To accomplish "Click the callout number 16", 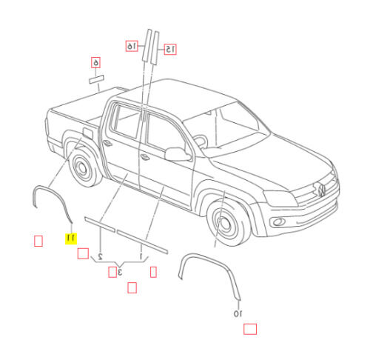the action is point(132,46).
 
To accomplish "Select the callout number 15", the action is point(170,50).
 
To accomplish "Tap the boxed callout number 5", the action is point(95,63).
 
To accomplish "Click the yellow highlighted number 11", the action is point(71,239).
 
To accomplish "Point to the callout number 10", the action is point(238,313).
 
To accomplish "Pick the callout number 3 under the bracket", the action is point(120,272).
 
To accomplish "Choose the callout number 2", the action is point(101,256).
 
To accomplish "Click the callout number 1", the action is point(141,256).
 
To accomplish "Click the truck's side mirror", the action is point(178,154).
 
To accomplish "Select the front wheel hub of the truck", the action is point(224,223).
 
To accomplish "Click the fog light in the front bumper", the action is point(279,222).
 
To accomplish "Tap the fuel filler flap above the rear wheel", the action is point(87,133).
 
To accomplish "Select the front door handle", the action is point(145,157).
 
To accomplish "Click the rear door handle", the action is point(108,142).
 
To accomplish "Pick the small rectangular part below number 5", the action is point(96,79).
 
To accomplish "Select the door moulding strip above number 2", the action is point(100,224).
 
